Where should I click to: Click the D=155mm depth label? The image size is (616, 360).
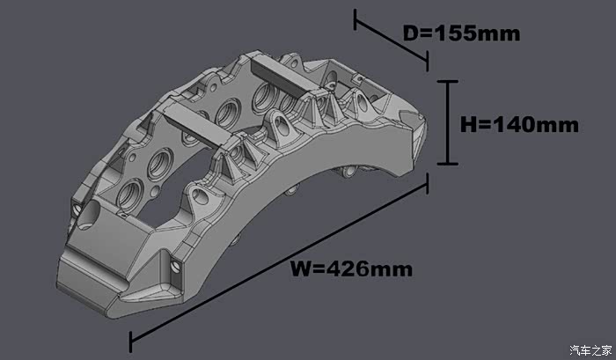click(x=462, y=33)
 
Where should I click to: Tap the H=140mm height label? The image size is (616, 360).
click(x=519, y=125)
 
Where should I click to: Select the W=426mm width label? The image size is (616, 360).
click(x=352, y=269)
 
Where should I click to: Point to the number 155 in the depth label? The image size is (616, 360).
click(x=455, y=33)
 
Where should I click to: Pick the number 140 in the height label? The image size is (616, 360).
click(x=514, y=125)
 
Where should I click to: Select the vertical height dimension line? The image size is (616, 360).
click(x=447, y=122)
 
